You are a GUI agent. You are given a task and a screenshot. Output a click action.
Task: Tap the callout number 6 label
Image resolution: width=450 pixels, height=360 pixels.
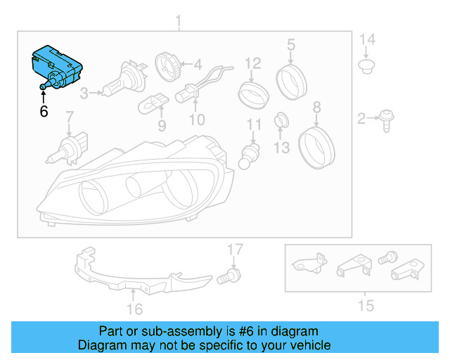44,110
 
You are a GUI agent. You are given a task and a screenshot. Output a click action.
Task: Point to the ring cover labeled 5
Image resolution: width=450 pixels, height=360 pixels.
290,81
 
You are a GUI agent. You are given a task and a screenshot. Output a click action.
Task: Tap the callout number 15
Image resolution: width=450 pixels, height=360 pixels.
365,305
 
